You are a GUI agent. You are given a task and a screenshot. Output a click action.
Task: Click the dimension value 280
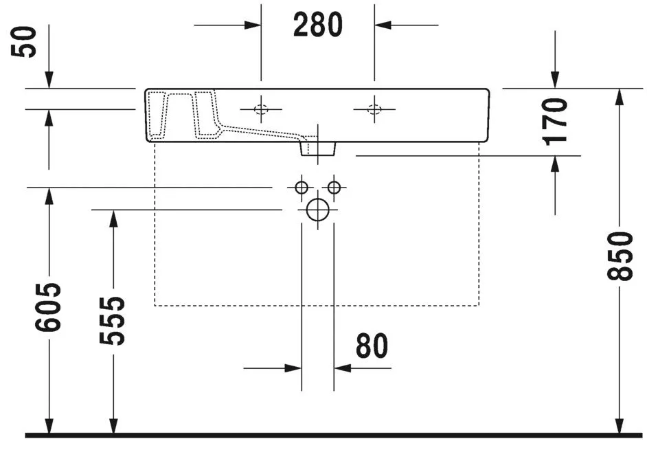tap(317, 25)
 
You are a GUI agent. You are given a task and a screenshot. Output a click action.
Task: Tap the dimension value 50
tap(28, 43)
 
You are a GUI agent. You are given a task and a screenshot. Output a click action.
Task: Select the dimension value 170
tap(555, 120)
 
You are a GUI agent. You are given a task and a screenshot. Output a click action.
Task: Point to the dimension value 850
tap(620, 256)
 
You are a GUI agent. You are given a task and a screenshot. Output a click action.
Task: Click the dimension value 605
tap(49, 306)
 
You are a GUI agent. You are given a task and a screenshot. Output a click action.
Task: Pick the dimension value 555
tap(113, 320)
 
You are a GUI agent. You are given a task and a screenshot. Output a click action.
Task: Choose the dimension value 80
tap(372, 347)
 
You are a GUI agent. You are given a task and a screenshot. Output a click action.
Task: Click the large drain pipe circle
tap(317, 210)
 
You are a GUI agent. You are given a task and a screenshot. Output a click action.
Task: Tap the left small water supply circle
tap(301, 187)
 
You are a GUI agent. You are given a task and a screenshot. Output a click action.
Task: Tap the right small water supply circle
tap(334, 187)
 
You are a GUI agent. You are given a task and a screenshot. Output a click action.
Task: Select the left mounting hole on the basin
tap(261, 109)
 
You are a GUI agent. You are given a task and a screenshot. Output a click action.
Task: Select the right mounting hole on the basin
tap(374, 109)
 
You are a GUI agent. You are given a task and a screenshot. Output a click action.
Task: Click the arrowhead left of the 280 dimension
tap(253, 25)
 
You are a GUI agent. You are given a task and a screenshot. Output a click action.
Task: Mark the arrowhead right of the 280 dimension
tap(383, 25)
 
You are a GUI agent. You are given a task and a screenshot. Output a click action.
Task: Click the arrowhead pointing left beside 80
tap(342, 368)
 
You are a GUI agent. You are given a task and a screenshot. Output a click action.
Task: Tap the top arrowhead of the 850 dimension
tap(620, 97)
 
